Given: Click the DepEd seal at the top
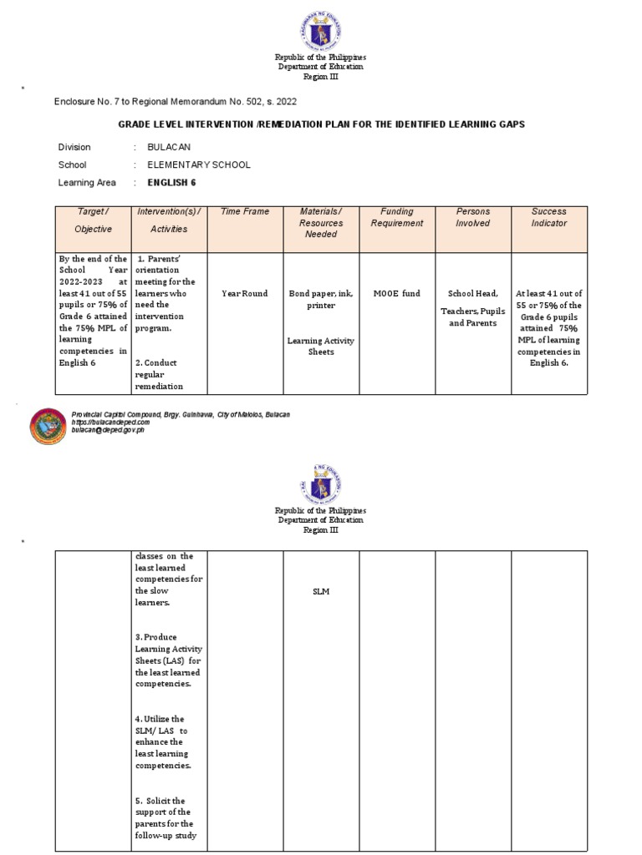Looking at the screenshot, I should click(x=321, y=30).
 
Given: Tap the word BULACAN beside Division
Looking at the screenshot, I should click(x=169, y=147).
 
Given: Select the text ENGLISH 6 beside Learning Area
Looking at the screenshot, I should click(x=172, y=182).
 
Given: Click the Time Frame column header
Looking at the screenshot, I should click(x=245, y=212).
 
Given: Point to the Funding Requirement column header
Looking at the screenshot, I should click(x=397, y=218).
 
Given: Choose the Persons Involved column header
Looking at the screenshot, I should click(x=473, y=218).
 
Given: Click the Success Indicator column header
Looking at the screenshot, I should click(x=548, y=218).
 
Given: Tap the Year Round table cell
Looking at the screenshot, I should click(x=245, y=294).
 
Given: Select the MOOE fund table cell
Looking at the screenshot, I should click(x=397, y=294).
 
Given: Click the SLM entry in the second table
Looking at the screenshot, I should click(x=321, y=592).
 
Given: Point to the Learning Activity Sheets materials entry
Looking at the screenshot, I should click(x=321, y=346).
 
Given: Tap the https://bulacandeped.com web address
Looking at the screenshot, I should click(x=111, y=422).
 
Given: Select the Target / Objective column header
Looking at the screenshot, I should click(x=93, y=220).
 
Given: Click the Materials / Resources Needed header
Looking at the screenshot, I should click(x=321, y=223).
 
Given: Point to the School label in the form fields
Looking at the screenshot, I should click(x=72, y=164).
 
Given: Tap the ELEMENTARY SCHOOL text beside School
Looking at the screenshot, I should click(x=198, y=164).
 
